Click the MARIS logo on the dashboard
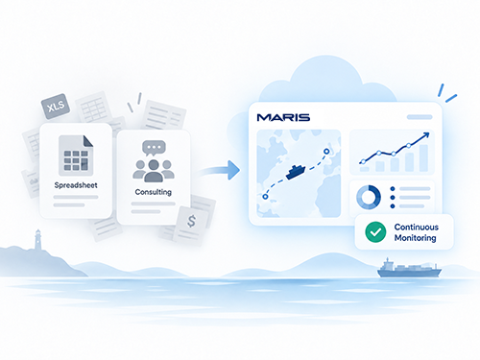pyautogui.click(x=283, y=117)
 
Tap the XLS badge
pyautogui.click(x=56, y=107)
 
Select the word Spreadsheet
pyautogui.click(x=76, y=185)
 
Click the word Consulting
pyautogui.click(x=154, y=192)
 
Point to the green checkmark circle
pyautogui.click(x=375, y=232)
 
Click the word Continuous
pyautogui.click(x=417, y=227)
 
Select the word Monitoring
pyautogui.click(x=415, y=238)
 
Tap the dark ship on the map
pyautogui.click(x=296, y=172)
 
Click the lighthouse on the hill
pyautogui.click(x=38, y=239)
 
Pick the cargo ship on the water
pyautogui.click(x=409, y=269)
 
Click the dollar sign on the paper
pyautogui.click(x=191, y=221)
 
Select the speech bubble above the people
pyautogui.click(x=154, y=148)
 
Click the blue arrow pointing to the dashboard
pyautogui.click(x=221, y=170)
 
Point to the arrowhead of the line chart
pyautogui.click(x=426, y=135)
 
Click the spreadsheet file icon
pyautogui.click(x=76, y=156)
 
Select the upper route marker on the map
pyautogui.click(x=326, y=152)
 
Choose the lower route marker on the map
pyautogui.click(x=265, y=197)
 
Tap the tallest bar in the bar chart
pyautogui.click(x=423, y=158)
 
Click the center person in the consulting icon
pyautogui.click(x=154, y=171)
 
